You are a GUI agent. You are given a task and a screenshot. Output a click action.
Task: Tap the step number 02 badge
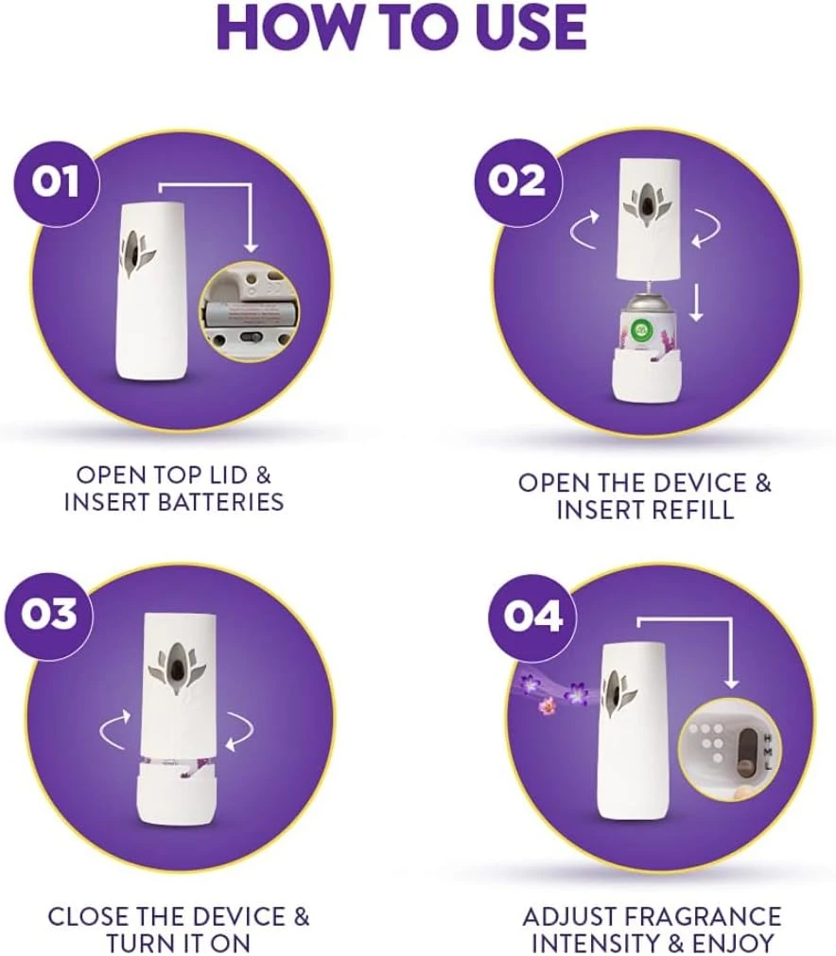pyautogui.click(x=517, y=181)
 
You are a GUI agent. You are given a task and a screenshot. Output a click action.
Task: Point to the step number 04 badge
pyautogui.click(x=532, y=617)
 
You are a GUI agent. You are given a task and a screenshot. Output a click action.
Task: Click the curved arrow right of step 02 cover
pyautogui.click(x=705, y=228)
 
